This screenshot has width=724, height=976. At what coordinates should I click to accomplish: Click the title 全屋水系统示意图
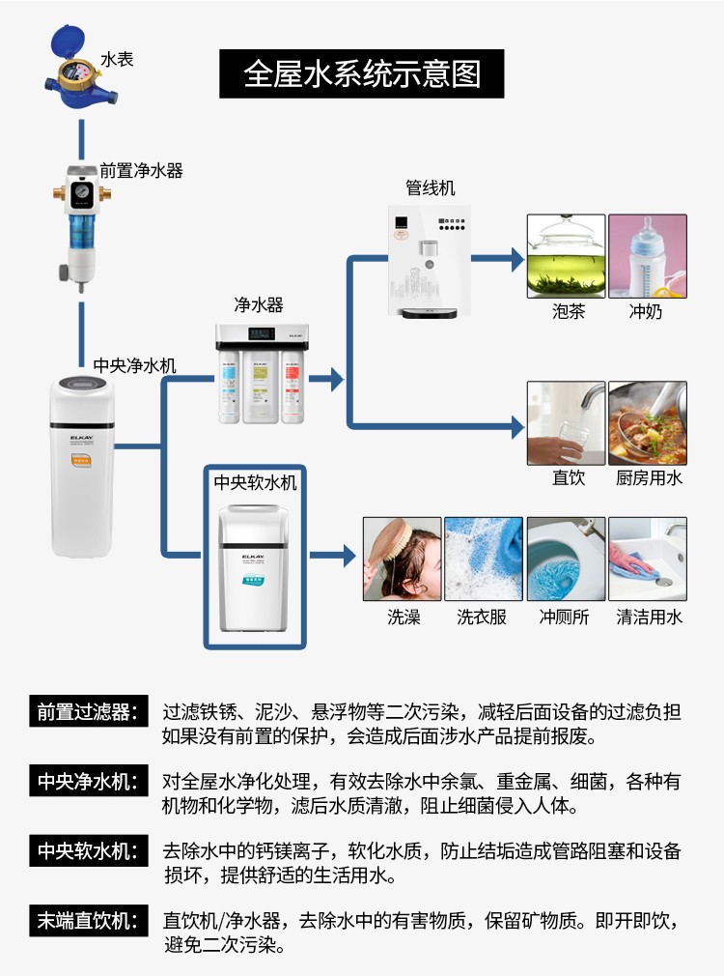coord(361,73)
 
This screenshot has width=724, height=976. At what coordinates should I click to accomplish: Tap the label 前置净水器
coord(141,171)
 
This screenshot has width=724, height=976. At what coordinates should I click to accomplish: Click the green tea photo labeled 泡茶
coord(566,256)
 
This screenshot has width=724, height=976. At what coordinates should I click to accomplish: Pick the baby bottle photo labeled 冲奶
coord(647,256)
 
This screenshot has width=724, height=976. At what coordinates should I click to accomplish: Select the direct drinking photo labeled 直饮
coord(566,422)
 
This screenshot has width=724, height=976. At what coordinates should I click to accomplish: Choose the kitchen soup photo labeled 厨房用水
coord(647,422)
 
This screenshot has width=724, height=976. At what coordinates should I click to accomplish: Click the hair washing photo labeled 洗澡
coord(402,559)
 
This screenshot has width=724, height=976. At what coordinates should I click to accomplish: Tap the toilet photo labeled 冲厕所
coord(566,559)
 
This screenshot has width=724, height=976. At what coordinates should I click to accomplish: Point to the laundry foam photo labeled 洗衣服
coord(483,559)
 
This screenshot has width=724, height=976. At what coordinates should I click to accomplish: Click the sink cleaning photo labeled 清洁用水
coord(647,559)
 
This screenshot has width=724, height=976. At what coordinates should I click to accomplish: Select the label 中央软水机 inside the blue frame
coord(255,482)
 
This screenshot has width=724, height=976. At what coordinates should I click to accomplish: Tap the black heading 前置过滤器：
coord(89,712)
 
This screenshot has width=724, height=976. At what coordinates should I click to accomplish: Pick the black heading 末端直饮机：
coord(89,920)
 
